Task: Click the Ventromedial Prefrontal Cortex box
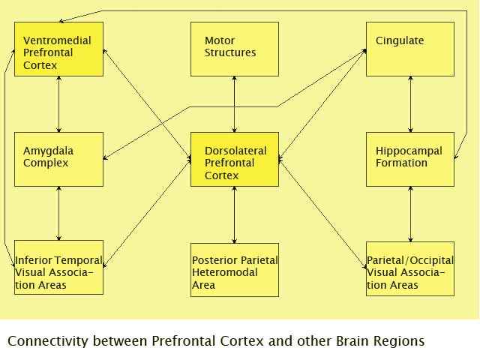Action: tap(58, 49)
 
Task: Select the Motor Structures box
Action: tap(234, 49)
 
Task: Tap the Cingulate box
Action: tap(409, 49)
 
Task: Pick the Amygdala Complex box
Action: tap(58, 159)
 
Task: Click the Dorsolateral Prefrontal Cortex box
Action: tap(234, 159)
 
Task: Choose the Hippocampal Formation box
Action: tap(409, 159)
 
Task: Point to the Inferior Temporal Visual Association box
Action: tap(58, 268)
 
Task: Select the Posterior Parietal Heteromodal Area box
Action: tap(234, 268)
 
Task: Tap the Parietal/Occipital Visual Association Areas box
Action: tap(409, 268)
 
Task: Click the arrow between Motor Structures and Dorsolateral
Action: tap(235, 104)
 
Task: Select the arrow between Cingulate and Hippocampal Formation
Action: tap(410, 104)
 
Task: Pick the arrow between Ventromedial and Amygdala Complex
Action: tap(59, 104)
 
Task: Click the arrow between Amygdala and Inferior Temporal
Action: tap(59, 214)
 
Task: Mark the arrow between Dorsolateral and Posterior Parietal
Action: tap(235, 214)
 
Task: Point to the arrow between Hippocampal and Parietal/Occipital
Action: tap(410, 214)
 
